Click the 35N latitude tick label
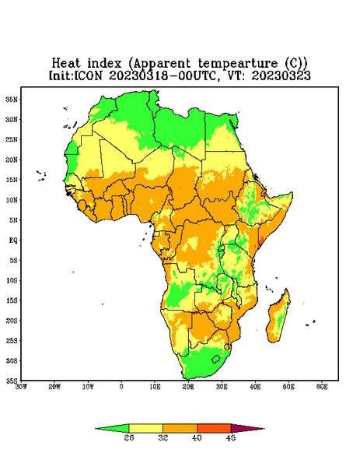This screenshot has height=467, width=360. [x=12, y=100]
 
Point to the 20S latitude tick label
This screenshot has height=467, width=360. [x=12, y=321]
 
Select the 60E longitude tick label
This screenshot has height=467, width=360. [x=322, y=387]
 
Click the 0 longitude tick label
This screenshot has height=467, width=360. [x=121, y=387]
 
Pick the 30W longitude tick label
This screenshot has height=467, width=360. [x=21, y=387]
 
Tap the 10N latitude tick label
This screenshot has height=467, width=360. [x=12, y=200]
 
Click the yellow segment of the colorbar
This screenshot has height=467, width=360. [x=145, y=428]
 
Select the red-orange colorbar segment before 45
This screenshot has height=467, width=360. [x=214, y=428]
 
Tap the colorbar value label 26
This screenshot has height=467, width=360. [x=129, y=437]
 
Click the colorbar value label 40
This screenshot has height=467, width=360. [x=197, y=437]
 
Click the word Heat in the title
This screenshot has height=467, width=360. [x=66, y=64]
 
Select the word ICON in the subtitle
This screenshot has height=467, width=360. [x=89, y=75]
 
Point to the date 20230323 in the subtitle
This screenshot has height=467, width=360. [x=281, y=75]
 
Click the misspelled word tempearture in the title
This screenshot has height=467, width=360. [x=238, y=64]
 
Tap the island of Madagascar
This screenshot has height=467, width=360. [x=278, y=318]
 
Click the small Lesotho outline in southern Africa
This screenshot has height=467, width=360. [x=215, y=359]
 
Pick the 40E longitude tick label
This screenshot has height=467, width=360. [x=255, y=387]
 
